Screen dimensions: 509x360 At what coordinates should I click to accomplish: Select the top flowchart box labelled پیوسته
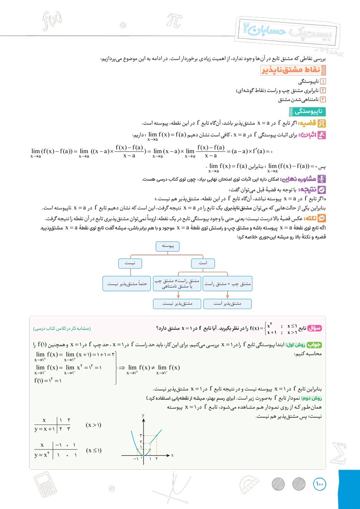[x=169, y=246]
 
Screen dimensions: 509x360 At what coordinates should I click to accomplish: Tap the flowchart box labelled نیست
[x=131, y=263]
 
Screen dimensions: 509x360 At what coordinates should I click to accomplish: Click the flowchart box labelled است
[x=203, y=263]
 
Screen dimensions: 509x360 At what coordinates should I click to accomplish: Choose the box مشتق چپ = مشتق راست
[x=228, y=284]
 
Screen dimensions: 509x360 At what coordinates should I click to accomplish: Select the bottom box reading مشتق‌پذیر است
[x=228, y=304]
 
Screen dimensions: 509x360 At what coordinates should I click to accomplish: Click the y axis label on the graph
[x=144, y=416]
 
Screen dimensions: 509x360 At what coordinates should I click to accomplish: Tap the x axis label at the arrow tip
[x=172, y=455]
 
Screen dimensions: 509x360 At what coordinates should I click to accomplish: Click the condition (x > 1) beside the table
[x=93, y=425]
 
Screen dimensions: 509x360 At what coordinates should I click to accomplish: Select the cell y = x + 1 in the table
[x=45, y=430]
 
